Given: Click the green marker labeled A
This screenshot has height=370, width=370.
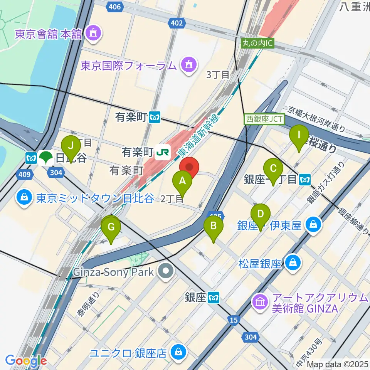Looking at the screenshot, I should pos(183,180).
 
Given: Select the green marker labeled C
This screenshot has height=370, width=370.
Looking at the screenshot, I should pos(273,168).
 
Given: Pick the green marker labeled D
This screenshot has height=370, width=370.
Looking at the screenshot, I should pos(261,213).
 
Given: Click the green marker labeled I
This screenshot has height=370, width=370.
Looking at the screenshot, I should pos(299,135).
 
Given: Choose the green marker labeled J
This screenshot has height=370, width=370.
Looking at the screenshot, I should pos(71,146).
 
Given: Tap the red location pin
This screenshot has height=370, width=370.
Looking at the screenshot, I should pos(189,167).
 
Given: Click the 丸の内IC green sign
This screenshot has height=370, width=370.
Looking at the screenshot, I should pos(257,43).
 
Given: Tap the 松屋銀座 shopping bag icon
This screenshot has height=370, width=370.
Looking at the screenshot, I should pos(293,264).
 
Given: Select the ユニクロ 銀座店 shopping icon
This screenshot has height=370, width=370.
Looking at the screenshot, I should pos(178,351).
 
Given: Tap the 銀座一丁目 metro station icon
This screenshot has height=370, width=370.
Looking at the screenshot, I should pos(305,179).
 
